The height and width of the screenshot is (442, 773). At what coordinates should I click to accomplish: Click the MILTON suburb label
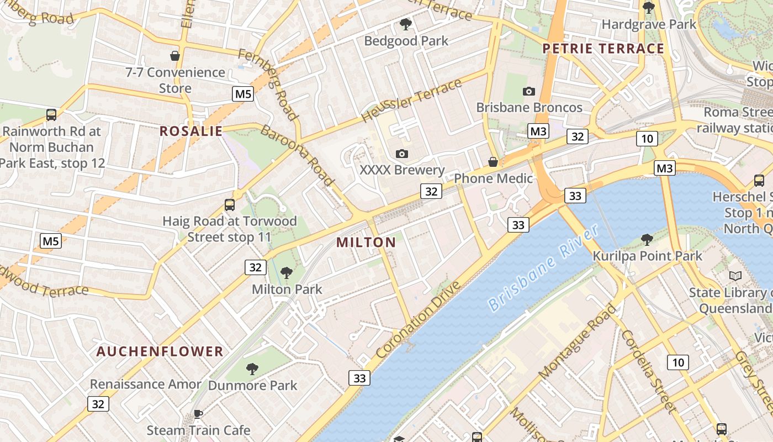tap(366, 243)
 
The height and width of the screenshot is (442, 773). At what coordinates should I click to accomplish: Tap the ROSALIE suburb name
tap(191, 131)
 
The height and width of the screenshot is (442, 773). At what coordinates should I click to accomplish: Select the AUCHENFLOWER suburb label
tap(160, 351)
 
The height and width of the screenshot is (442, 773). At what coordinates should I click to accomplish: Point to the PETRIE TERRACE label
tap(603, 49)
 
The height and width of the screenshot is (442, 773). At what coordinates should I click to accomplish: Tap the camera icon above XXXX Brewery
tap(402, 154)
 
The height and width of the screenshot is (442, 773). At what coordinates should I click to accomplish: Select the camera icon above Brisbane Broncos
tap(528, 91)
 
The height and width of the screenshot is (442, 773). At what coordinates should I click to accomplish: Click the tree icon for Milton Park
tap(286, 272)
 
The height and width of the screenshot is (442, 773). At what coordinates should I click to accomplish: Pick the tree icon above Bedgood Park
tap(406, 24)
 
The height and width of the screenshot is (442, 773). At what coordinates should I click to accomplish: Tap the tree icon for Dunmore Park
tap(252, 369)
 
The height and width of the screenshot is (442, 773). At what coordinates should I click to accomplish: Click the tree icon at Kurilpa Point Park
tap(647, 240)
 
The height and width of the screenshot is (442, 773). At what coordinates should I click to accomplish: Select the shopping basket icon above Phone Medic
tap(493, 162)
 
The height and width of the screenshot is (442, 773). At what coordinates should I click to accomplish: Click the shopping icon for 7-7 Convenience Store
tap(175, 56)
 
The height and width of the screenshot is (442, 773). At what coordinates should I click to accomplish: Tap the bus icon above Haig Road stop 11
tap(230, 205)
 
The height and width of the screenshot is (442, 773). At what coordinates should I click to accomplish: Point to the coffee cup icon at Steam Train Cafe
tap(198, 414)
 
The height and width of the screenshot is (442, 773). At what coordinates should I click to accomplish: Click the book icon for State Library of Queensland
tap(735, 276)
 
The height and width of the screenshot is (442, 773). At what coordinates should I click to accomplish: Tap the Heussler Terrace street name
tap(411, 101)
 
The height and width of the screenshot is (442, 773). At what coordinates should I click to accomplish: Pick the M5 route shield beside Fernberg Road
tap(243, 94)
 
